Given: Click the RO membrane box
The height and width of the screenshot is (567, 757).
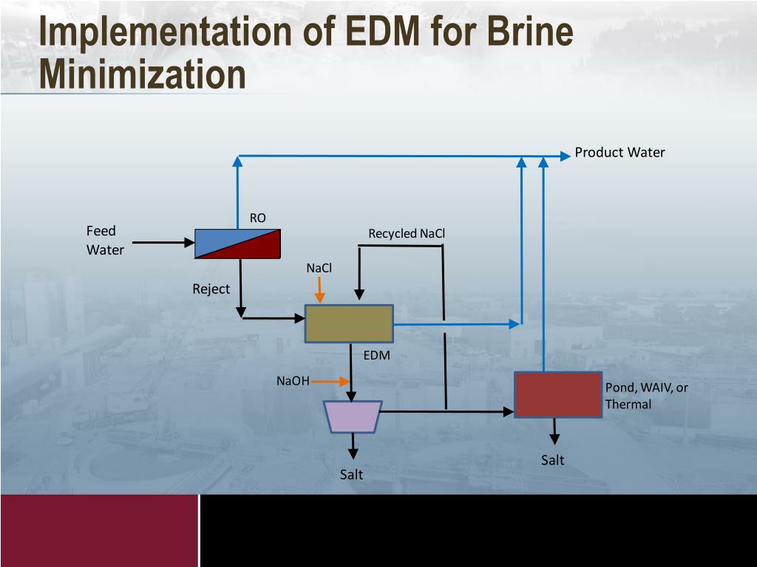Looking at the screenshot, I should click(x=237, y=244).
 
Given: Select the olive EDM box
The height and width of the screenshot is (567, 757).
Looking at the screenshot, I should click(x=349, y=323).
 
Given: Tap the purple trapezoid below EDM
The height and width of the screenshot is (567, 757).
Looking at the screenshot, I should click(x=353, y=416).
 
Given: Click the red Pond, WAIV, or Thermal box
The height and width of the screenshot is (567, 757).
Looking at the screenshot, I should click(x=558, y=395).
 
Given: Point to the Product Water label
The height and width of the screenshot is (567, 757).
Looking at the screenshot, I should click(x=619, y=153).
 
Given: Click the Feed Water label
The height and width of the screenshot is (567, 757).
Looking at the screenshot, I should click(x=105, y=241).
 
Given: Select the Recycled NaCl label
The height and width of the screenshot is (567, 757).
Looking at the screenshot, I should click(x=407, y=234).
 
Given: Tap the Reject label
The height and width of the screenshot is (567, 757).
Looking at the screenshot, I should click(x=211, y=289).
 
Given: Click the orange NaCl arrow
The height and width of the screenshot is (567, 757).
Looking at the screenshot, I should click(x=319, y=290).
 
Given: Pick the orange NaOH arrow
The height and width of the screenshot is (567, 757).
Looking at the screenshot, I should click(x=330, y=382).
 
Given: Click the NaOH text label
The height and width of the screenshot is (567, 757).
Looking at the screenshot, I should click(x=293, y=382).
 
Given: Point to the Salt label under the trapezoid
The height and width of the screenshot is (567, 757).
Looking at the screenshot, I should click(x=351, y=475).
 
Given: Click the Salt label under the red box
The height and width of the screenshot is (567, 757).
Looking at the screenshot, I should click(x=552, y=460).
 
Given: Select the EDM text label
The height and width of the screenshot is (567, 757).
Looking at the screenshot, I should click(x=376, y=356).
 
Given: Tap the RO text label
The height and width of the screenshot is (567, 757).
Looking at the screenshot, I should click(x=257, y=218).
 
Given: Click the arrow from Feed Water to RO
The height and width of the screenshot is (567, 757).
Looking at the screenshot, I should click(x=163, y=241).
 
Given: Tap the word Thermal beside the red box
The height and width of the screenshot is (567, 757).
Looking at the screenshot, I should click(x=628, y=405).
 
